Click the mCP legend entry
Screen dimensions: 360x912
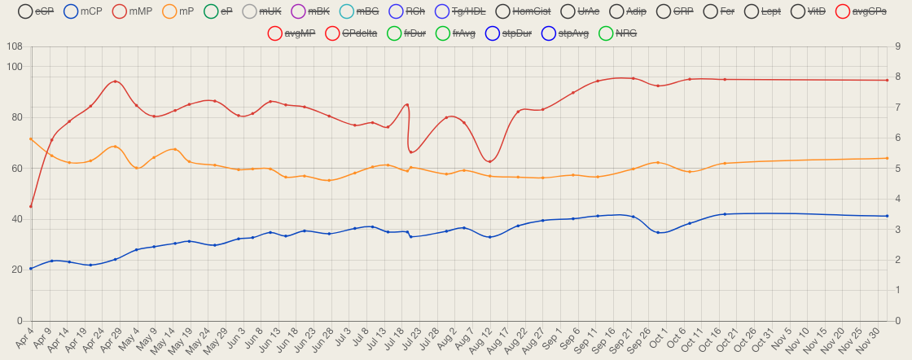(x=82, y=11)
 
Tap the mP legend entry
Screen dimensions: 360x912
(x=178, y=11)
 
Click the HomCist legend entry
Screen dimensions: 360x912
(x=522, y=11)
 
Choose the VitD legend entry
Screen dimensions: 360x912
(x=817, y=11)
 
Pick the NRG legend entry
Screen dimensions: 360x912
(x=617, y=33)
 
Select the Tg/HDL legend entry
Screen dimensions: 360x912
(x=460, y=11)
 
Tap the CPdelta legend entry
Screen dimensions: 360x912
(x=352, y=33)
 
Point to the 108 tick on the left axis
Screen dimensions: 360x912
(x=14, y=46)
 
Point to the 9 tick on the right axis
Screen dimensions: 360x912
(x=897, y=46)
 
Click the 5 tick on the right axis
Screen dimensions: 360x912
(x=897, y=169)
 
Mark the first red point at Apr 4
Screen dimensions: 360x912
(x=31, y=206)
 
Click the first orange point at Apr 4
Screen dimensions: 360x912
(x=31, y=139)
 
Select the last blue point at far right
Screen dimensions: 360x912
(x=887, y=216)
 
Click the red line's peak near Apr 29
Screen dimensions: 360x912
(x=116, y=81)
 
